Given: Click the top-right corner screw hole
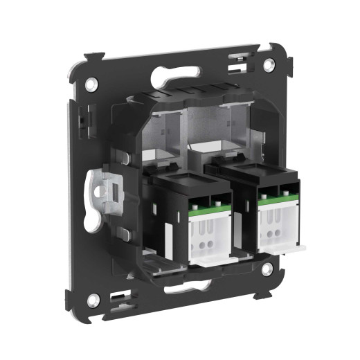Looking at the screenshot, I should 269,64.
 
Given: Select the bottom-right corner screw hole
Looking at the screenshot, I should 266,271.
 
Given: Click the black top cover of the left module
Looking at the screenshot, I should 190,182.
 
